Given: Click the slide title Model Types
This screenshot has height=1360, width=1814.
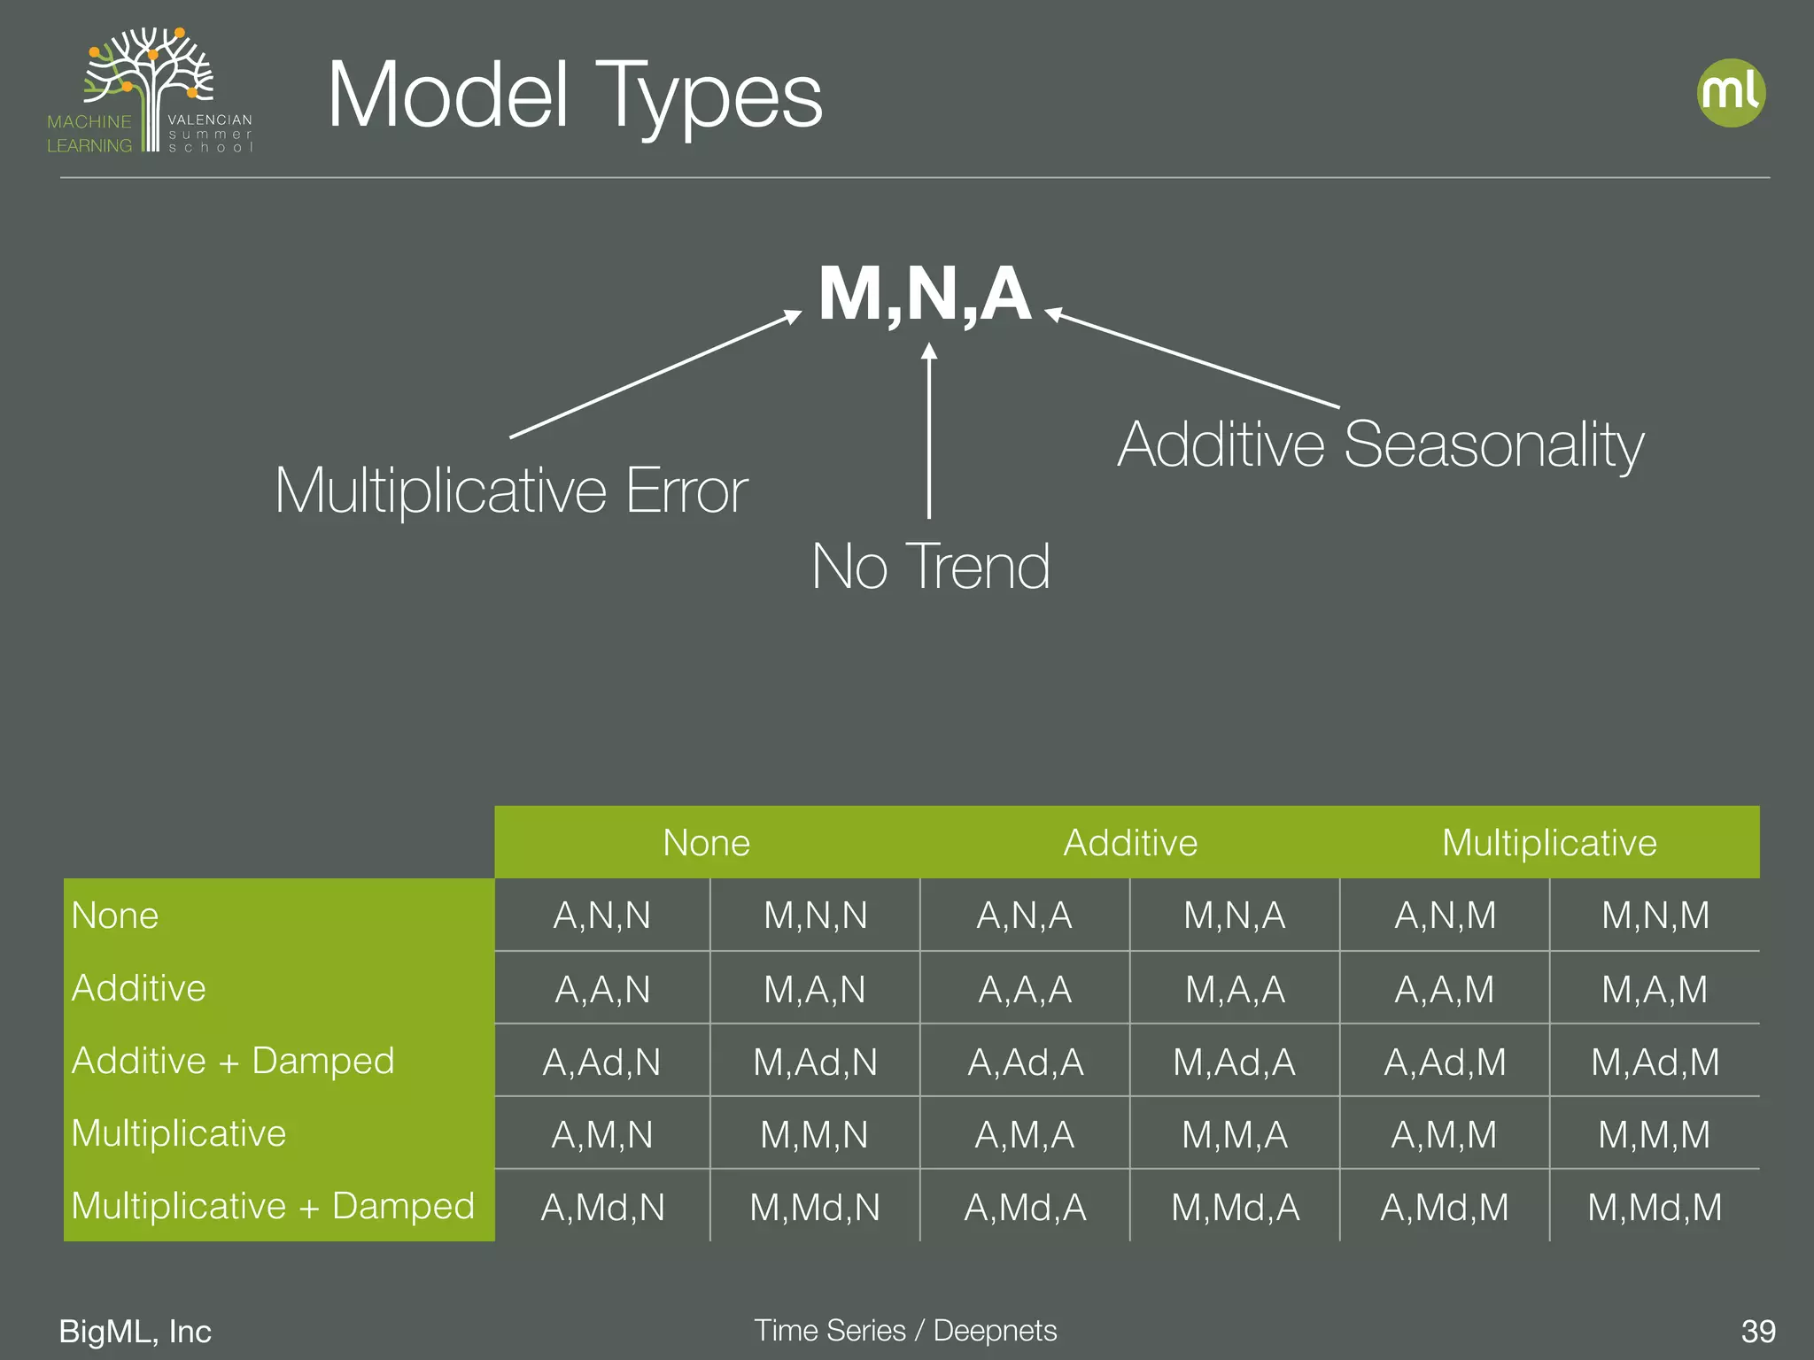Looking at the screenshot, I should tap(575, 97).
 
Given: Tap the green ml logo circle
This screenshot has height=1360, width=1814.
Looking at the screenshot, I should tap(1731, 93).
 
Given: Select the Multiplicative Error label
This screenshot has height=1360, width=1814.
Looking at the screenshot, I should tap(511, 491).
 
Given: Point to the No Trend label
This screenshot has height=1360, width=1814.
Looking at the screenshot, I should tap(931, 567).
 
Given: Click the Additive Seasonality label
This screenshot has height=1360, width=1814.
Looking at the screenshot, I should tap(1380, 444).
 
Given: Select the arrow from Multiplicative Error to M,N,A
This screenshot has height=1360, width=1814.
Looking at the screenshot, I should tap(655, 375).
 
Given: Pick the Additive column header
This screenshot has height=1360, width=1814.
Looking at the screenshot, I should tap(1130, 843).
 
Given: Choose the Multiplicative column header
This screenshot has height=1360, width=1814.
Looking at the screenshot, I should tap(1549, 843).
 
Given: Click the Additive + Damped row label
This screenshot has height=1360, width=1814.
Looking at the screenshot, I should tap(233, 1061).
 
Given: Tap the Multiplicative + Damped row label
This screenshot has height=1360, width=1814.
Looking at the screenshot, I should tap(273, 1206).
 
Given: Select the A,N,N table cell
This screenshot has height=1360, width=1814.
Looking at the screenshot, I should tap(602, 916).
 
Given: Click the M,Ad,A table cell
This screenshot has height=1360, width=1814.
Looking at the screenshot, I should tap(1234, 1062).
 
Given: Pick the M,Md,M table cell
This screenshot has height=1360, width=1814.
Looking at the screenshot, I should tap(1655, 1207).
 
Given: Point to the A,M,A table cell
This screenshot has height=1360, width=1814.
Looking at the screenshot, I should tap(1025, 1134).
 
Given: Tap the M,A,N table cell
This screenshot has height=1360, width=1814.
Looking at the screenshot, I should tap(815, 989).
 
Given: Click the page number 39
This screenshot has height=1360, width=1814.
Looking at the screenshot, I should tap(1758, 1331).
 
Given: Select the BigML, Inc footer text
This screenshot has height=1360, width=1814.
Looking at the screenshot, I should tap(136, 1331).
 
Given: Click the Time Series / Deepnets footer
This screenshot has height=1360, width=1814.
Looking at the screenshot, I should tap(905, 1330).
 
